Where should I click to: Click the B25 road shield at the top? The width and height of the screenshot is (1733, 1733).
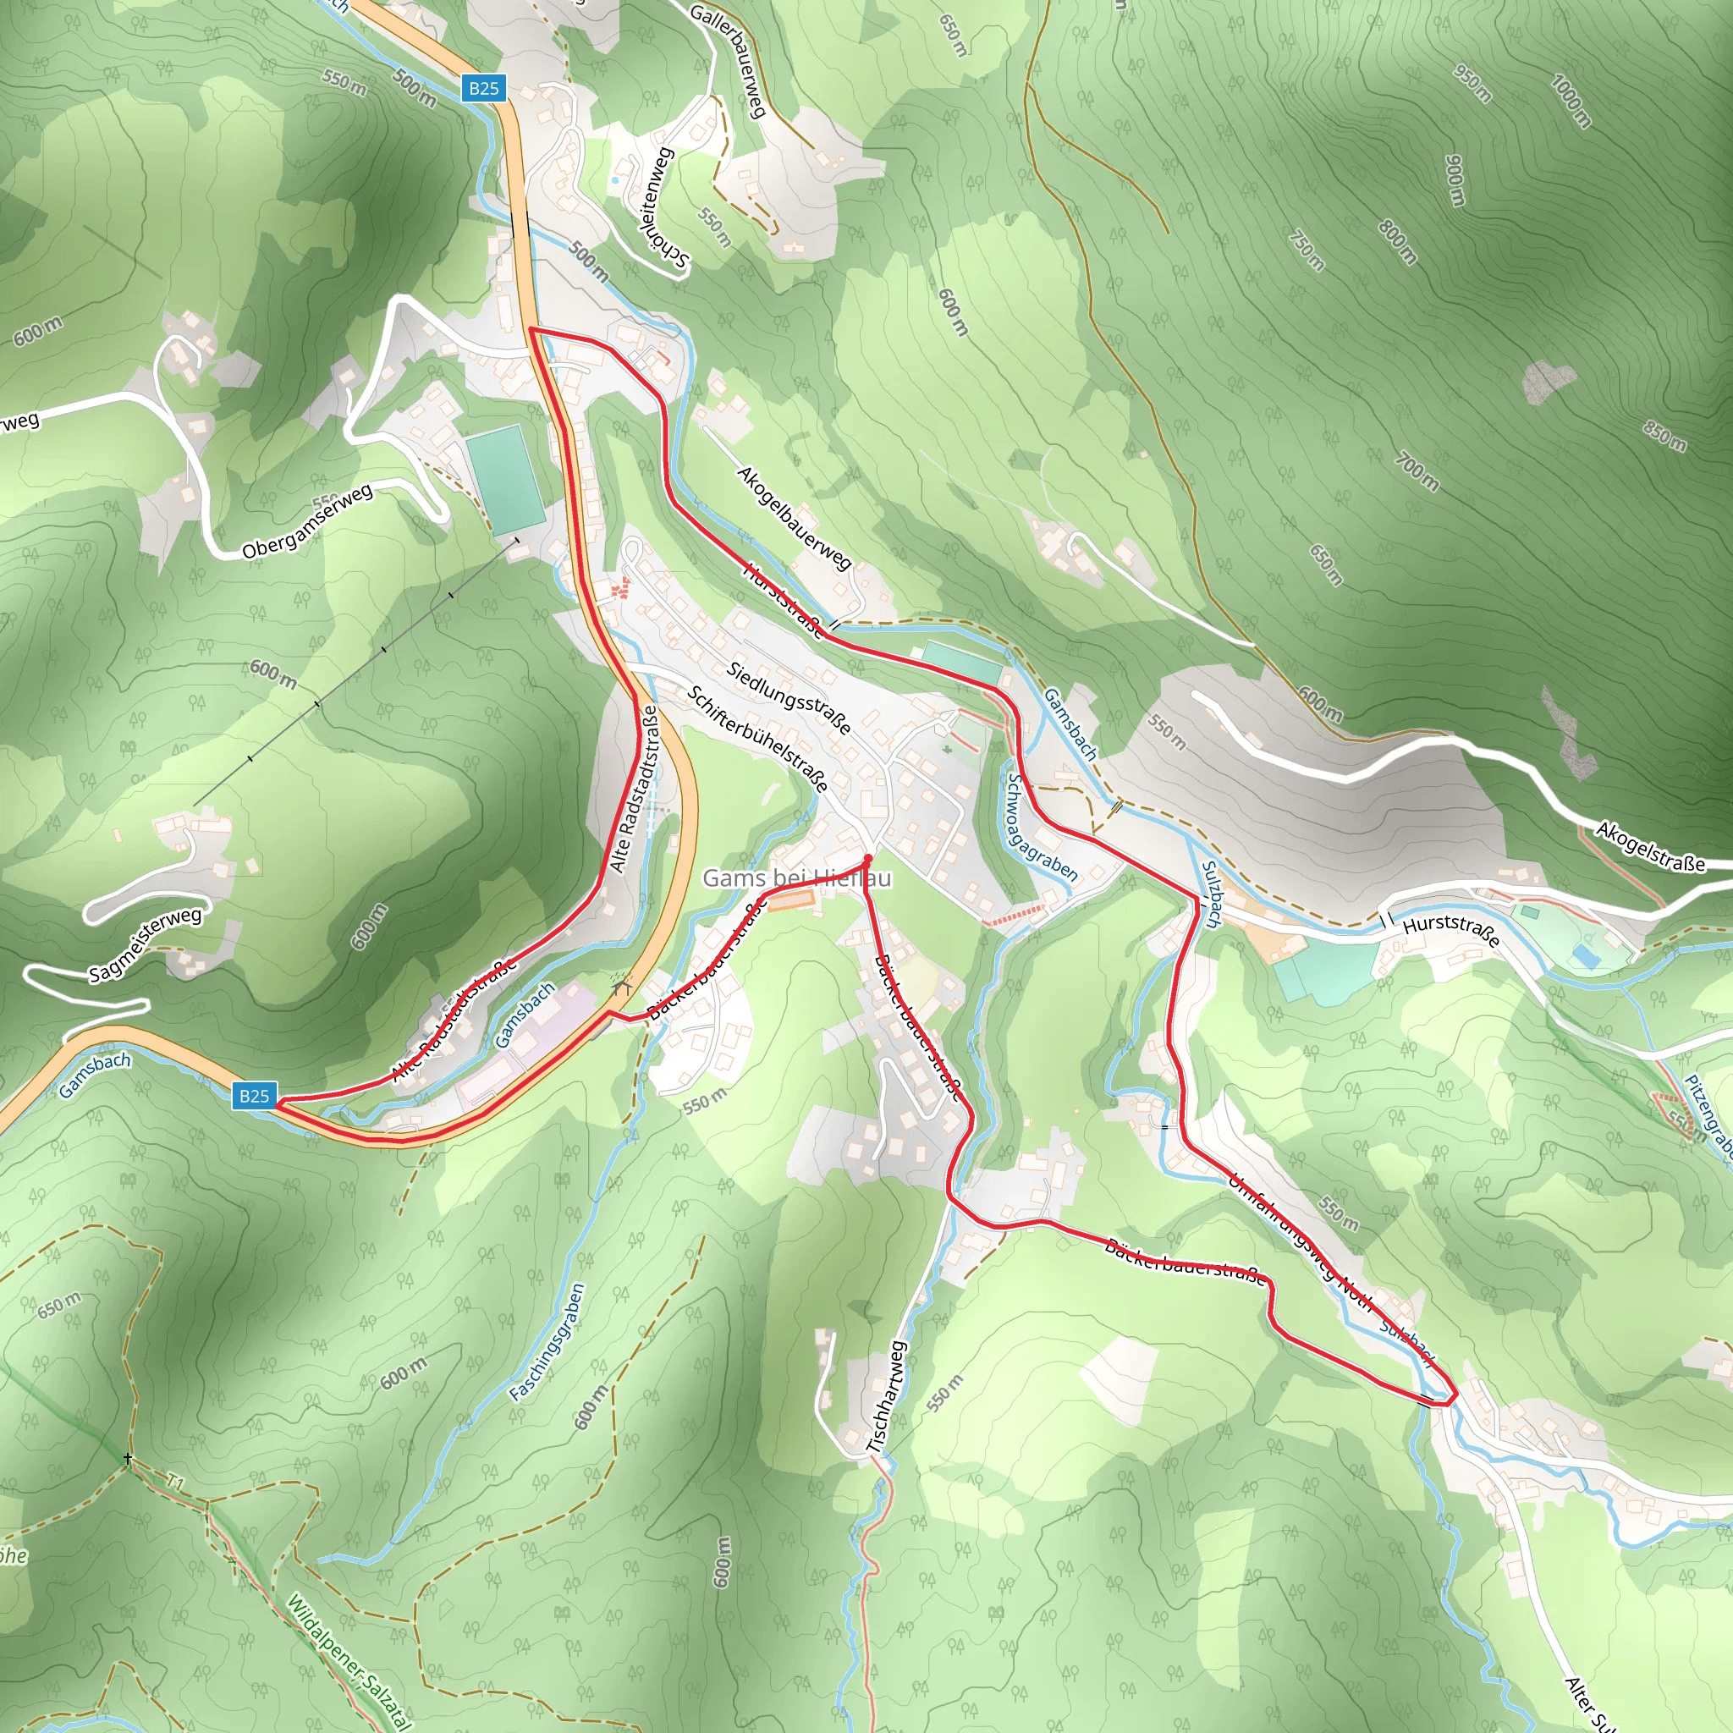coord(483,88)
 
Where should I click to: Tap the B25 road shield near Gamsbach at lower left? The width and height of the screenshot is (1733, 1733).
coord(254,1095)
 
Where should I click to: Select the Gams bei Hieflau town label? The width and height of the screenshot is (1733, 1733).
coord(796,878)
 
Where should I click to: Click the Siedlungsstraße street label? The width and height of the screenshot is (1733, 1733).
coord(789,698)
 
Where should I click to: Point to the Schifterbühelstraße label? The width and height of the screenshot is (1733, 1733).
coord(758,738)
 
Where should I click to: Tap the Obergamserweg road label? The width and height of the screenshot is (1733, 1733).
coord(308,522)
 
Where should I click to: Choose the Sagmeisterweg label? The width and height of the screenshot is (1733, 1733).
coord(146,944)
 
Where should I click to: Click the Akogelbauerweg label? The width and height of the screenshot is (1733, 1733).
coord(794,518)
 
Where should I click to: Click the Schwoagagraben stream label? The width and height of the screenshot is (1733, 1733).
coord(1041,826)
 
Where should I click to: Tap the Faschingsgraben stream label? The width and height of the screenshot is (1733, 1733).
coord(547,1342)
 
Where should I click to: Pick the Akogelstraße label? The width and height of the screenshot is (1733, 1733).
coord(1649,847)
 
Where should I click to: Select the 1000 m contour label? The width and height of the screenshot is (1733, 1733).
coord(1571,102)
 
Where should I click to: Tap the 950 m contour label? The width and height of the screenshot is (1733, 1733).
coord(1472,84)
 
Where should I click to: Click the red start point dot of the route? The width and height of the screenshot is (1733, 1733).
coord(867,858)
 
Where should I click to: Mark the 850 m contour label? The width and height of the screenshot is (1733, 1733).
coord(1664,436)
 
